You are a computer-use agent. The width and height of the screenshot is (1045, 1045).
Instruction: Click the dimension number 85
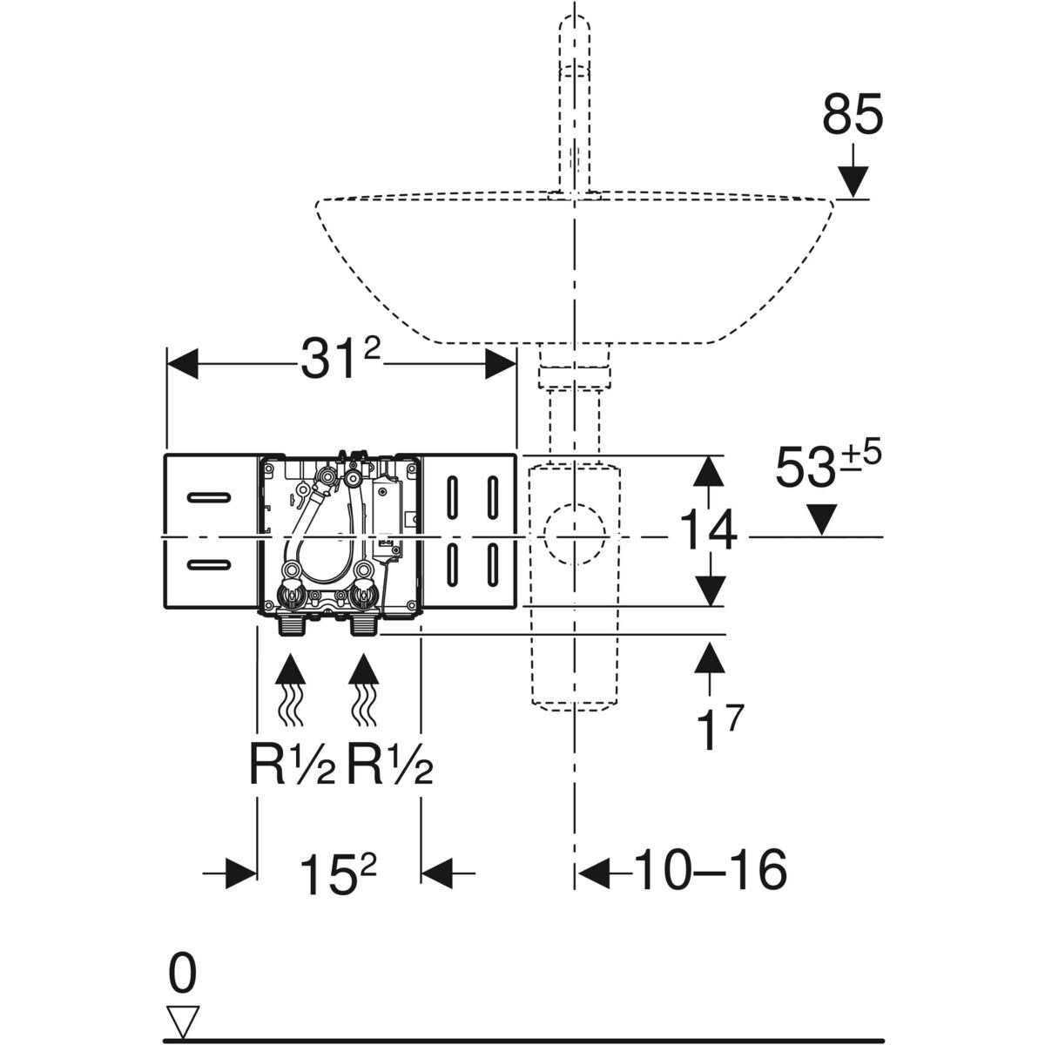852,117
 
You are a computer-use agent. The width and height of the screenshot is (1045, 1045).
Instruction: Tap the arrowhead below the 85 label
853,181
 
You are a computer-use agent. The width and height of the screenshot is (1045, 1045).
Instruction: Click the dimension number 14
707,532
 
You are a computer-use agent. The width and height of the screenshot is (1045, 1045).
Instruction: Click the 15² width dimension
339,871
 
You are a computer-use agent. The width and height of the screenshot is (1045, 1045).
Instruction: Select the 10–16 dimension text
710,870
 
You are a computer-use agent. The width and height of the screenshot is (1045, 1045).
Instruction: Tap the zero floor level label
182,974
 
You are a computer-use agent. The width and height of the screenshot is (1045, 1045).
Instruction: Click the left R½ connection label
292,767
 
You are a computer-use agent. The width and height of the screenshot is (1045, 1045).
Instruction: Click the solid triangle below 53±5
823,521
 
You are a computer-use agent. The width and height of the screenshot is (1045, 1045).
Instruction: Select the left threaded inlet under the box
291,624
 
